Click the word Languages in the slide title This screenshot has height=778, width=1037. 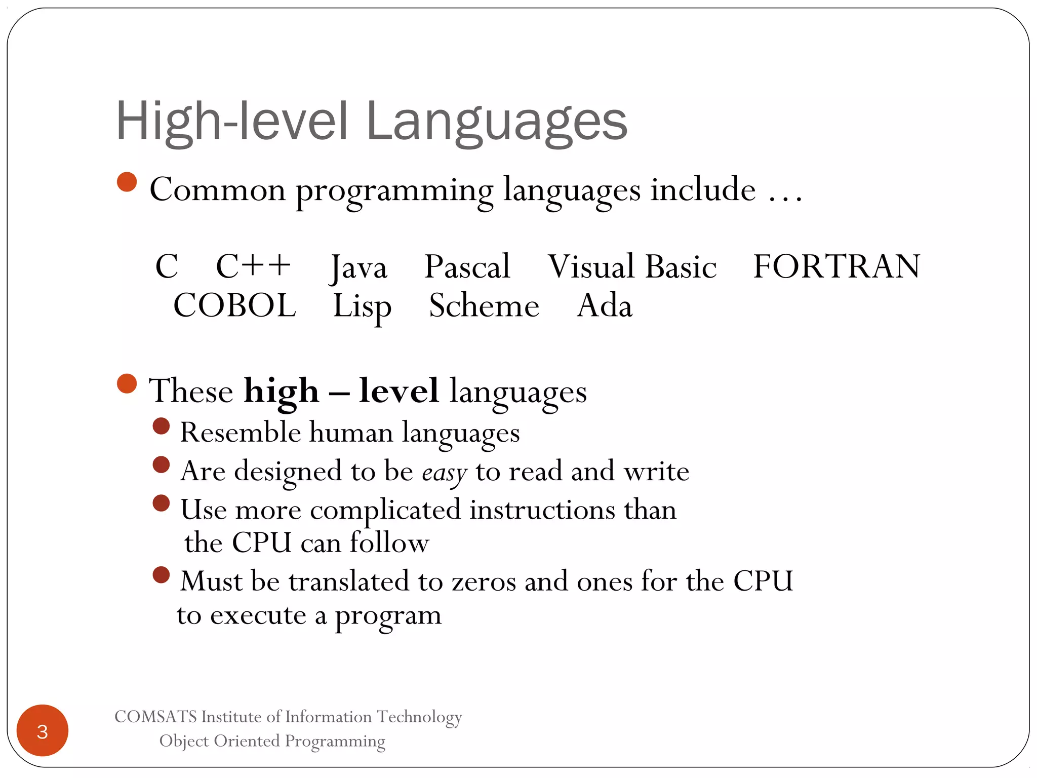496,122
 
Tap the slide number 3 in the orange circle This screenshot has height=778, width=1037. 43,731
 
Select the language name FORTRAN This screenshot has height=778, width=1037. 836,266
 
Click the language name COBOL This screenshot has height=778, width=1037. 234,305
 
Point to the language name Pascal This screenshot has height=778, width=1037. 467,266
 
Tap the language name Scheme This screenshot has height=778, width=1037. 484,305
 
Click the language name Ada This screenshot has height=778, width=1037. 605,305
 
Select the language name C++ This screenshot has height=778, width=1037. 253,266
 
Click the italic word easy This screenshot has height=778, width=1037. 444,473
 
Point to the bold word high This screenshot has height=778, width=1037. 282,392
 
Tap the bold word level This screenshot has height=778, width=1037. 398,391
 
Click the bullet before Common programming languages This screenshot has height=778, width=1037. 127,182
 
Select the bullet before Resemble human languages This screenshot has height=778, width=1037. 161,426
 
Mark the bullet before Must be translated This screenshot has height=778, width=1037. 161,575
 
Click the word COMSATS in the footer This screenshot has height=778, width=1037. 155,717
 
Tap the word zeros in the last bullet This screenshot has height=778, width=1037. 484,581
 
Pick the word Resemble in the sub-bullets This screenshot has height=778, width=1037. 241,433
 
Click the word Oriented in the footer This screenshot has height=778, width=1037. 247,741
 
